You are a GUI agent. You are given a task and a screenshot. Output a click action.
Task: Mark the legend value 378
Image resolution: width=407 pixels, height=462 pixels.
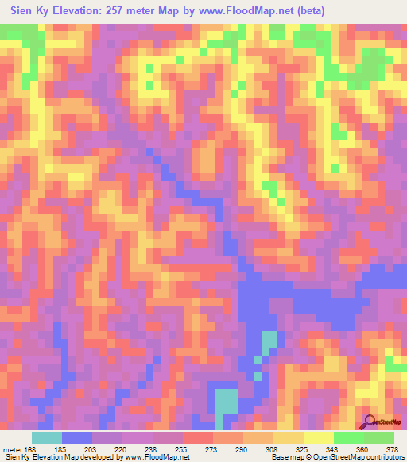pyautogui.click(x=393, y=449)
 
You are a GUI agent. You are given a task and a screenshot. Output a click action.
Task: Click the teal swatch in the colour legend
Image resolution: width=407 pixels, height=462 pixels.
pyautogui.click(x=47, y=437)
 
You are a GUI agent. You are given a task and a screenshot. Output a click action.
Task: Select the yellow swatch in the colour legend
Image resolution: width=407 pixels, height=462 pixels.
pyautogui.click(x=318, y=437)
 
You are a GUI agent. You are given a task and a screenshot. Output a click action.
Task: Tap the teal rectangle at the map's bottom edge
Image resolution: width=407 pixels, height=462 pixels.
pyautogui.click(x=227, y=401)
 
